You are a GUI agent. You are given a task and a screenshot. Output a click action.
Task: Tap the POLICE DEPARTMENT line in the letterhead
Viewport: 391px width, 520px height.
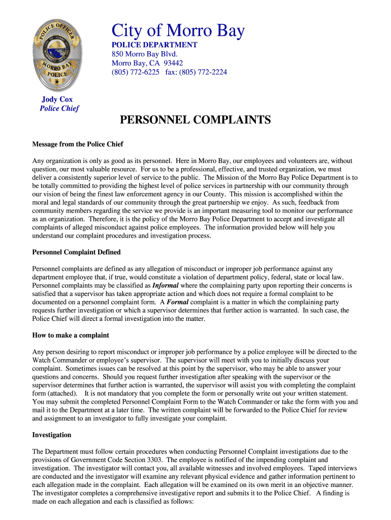[x=154, y=45]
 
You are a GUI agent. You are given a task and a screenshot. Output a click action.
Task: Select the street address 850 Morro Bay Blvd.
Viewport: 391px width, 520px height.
[x=145, y=54]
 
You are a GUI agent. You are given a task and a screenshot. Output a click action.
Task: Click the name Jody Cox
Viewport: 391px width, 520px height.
[x=57, y=100]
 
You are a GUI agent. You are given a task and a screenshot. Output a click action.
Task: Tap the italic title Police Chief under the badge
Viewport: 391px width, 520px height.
[x=59, y=109]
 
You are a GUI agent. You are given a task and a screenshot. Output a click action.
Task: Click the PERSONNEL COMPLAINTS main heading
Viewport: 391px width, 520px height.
[x=195, y=120]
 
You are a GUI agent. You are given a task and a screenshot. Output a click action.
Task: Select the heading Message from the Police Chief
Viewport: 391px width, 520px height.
[x=78, y=144]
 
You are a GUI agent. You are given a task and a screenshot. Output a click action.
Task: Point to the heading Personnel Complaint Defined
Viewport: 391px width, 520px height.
[x=76, y=252]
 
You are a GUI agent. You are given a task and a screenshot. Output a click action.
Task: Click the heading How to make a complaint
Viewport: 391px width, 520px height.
[x=71, y=336]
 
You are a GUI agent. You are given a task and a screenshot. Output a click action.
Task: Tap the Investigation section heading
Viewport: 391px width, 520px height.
[x=52, y=435]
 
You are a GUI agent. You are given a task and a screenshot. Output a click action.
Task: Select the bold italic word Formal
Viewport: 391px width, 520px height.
[x=178, y=302]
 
